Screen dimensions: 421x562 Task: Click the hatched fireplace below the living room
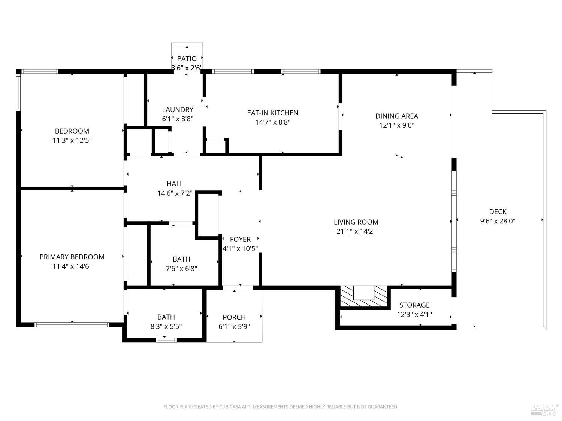pyautogui.click(x=363, y=296)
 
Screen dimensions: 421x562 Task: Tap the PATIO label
pyautogui.click(x=187, y=58)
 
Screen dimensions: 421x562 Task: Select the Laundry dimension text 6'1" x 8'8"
pyautogui.click(x=178, y=119)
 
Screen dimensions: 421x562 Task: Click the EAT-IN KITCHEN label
pyautogui.click(x=272, y=113)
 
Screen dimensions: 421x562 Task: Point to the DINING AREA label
pyautogui.click(x=396, y=116)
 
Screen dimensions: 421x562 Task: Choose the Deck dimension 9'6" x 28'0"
pyautogui.click(x=498, y=221)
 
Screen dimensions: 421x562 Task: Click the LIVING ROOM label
pyautogui.click(x=356, y=222)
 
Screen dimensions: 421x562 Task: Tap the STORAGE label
pyautogui.click(x=414, y=305)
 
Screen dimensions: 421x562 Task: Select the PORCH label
pyautogui.click(x=234, y=317)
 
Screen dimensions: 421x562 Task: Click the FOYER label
pyautogui.click(x=240, y=239)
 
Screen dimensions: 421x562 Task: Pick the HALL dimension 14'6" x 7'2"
pyautogui.click(x=175, y=193)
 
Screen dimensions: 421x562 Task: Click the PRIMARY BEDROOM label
pyautogui.click(x=72, y=257)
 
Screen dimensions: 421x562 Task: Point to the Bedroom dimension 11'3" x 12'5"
pyautogui.click(x=72, y=140)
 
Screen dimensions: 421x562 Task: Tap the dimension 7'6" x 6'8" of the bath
pyautogui.click(x=181, y=268)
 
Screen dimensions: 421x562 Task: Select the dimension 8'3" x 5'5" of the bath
pyautogui.click(x=166, y=326)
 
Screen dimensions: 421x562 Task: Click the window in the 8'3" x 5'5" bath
pyautogui.click(x=166, y=340)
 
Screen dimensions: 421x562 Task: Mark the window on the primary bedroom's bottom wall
pyautogui.click(x=72, y=324)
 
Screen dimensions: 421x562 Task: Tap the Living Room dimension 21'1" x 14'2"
pyautogui.click(x=356, y=231)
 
